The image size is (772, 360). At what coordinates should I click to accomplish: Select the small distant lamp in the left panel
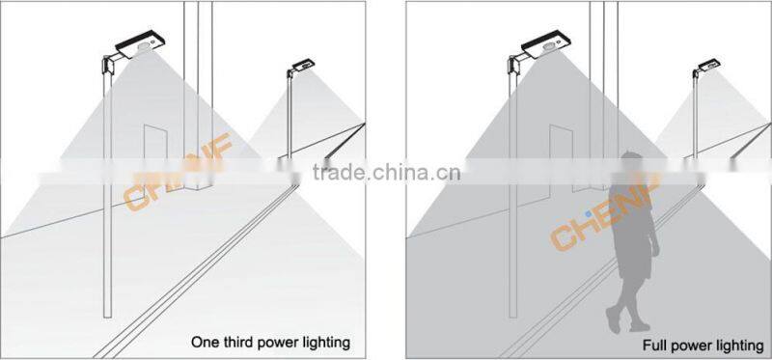tap(302, 68)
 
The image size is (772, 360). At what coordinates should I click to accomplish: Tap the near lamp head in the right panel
tap(545, 44)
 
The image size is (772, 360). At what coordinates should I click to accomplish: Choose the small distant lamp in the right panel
tap(707, 67)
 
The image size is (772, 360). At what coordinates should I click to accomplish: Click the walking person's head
tap(632, 161)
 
